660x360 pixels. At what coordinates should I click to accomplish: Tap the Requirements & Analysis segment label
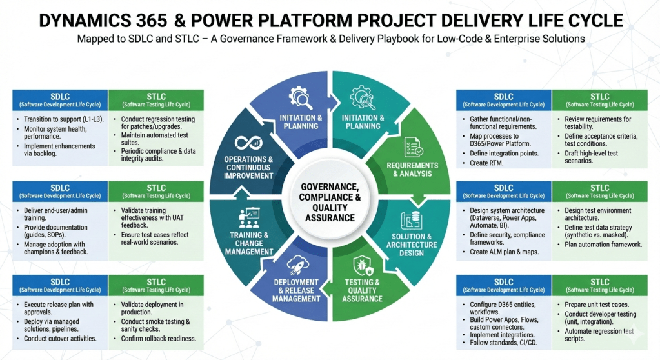[412, 170]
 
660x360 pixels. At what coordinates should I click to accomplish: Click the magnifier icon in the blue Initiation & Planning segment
[301, 98]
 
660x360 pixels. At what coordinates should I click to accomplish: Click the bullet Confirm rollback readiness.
[159, 339]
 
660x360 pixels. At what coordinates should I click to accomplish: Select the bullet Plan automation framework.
[603, 245]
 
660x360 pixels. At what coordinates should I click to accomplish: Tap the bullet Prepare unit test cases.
[592, 305]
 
